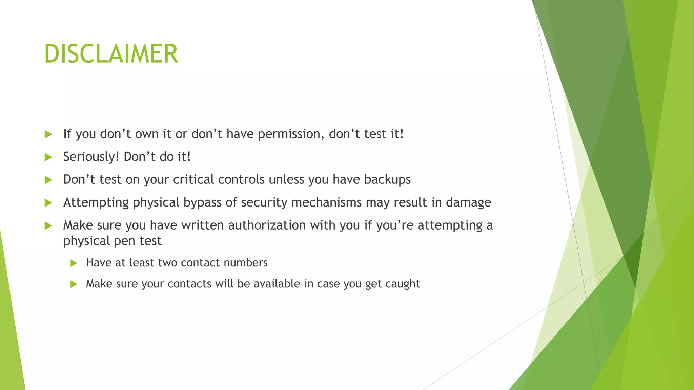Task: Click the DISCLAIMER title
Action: tap(111, 54)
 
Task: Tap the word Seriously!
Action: tap(91, 157)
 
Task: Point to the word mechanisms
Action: tap(326, 202)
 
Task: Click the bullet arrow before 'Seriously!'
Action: tap(48, 157)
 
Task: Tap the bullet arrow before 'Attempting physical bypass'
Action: tap(48, 203)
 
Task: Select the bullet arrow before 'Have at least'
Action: tap(74, 263)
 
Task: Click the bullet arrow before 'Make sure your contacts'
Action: tap(74, 284)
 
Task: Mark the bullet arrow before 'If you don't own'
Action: tap(48, 134)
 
